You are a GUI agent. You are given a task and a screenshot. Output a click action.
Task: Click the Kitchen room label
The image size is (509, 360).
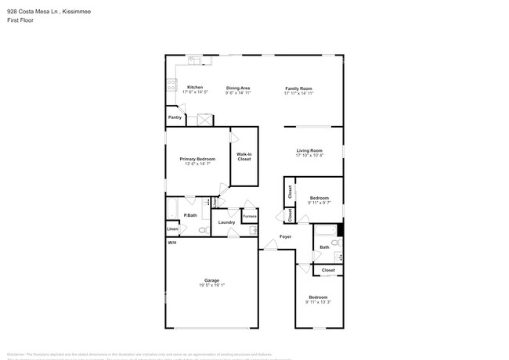pyautogui.click(x=195, y=87)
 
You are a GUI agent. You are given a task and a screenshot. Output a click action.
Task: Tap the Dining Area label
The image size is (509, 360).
pyautogui.click(x=238, y=88)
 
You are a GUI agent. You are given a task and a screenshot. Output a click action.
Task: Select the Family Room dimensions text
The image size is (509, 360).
pyautogui.click(x=298, y=93)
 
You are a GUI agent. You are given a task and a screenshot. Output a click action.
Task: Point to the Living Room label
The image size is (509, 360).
pyautogui.click(x=309, y=150)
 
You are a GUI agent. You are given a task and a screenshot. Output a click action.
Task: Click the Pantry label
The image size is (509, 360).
pyautogui.click(x=175, y=117)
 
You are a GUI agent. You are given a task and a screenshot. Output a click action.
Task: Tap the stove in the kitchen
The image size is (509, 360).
pyautogui.click(x=171, y=85)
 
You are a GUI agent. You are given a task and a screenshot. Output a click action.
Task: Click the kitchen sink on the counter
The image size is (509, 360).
pyautogui.click(x=193, y=59)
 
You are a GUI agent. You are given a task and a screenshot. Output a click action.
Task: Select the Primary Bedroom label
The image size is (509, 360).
pyautogui.click(x=200, y=159)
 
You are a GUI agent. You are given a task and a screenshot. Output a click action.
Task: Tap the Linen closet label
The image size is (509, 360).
pyautogui.click(x=172, y=229)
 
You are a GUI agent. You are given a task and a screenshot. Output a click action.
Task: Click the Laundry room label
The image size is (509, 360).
pyautogui.click(x=226, y=222)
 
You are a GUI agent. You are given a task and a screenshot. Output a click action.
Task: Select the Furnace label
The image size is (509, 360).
pyautogui.click(x=249, y=216)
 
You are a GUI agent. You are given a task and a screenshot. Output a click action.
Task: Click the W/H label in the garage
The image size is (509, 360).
pyautogui.click(x=171, y=243)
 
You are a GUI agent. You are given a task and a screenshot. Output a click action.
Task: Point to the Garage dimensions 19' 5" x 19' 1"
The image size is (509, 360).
pyautogui.click(x=211, y=285)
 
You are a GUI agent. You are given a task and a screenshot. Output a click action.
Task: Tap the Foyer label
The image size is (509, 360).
pyautogui.click(x=286, y=236)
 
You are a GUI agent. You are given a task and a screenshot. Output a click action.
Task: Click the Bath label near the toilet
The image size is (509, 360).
pyautogui.click(x=324, y=247)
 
